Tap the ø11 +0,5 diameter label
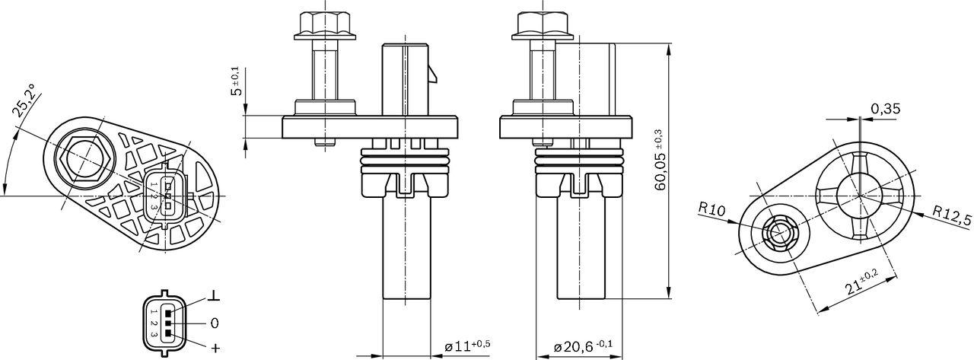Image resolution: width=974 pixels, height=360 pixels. (x=466, y=346)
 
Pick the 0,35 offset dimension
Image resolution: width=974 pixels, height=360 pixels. (x=885, y=109)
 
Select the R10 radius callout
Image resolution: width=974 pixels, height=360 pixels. (x=711, y=209)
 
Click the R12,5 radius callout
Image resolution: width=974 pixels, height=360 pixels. (x=951, y=218)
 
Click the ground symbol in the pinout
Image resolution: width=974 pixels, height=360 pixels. (x=215, y=296)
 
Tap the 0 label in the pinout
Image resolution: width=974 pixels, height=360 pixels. (x=215, y=322)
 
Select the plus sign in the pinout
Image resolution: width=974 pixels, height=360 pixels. (x=215, y=348)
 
